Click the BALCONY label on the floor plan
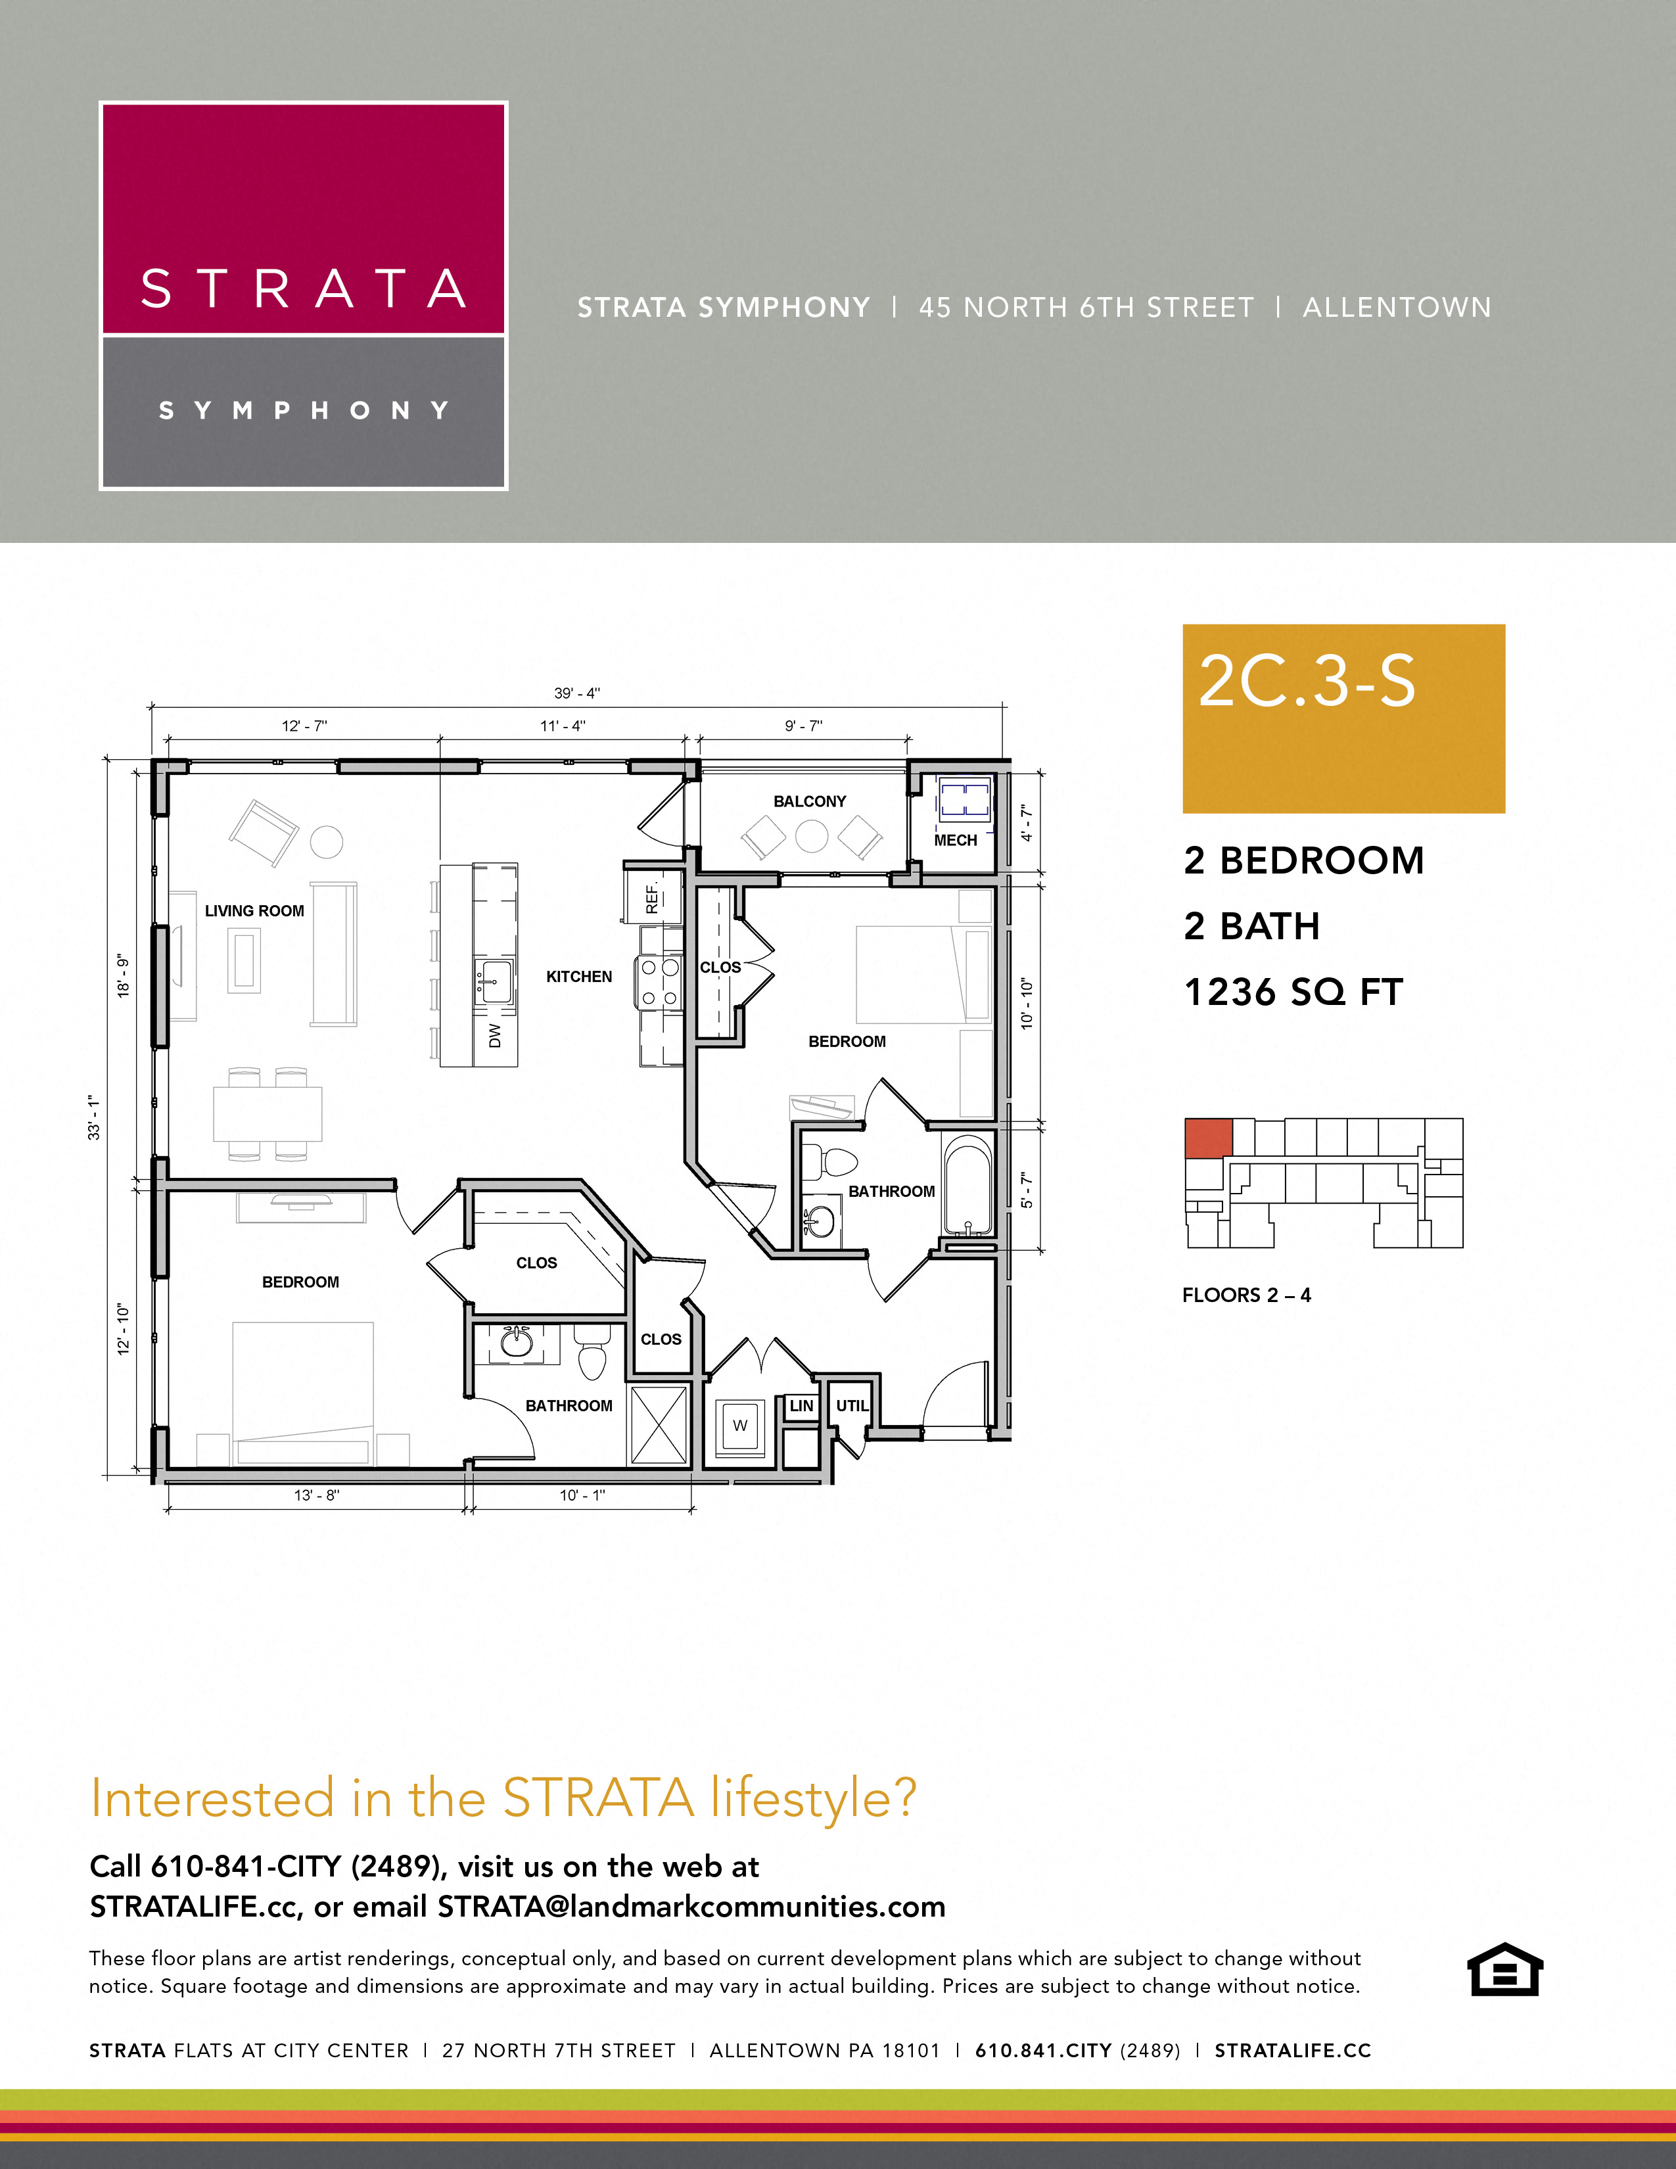click(x=809, y=801)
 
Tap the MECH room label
click(x=955, y=840)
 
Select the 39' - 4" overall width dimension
click(x=577, y=693)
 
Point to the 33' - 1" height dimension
click(x=95, y=1117)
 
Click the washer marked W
click(x=739, y=1425)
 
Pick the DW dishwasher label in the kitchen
click(x=494, y=1036)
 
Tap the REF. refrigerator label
click(x=653, y=898)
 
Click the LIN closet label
click(x=801, y=1405)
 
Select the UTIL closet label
click(x=852, y=1405)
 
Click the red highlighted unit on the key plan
click(x=1208, y=1137)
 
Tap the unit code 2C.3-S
click(x=1307, y=682)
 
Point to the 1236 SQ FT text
click(x=1293, y=992)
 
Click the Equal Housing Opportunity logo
click(x=1504, y=1969)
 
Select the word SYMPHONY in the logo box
click(x=304, y=410)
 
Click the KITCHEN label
click(x=579, y=976)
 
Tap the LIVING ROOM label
click(x=254, y=911)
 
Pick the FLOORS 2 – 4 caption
click(x=1246, y=1295)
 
